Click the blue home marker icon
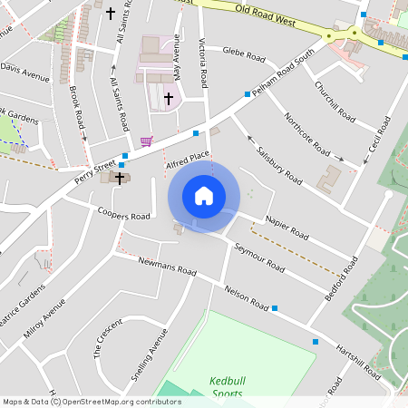tap(204, 195)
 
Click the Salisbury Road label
tap(278, 164)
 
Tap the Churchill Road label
tap(334, 100)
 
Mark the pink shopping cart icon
tap(146, 141)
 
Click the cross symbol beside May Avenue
tap(169, 98)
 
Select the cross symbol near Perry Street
tap(119, 179)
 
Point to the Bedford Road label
tap(342, 279)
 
